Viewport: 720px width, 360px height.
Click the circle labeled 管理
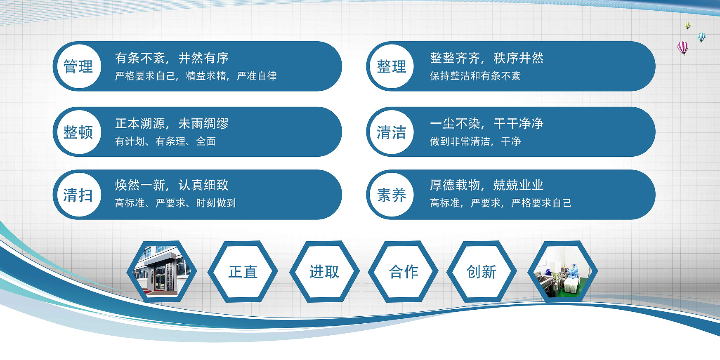(x=79, y=66)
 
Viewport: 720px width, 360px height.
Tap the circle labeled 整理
(x=392, y=66)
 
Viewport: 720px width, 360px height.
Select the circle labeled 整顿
(x=79, y=132)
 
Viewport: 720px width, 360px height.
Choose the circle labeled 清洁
(x=392, y=132)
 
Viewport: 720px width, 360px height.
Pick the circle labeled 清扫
(x=79, y=195)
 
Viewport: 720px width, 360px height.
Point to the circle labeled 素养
(x=392, y=195)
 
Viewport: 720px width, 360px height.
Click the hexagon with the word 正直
(x=243, y=271)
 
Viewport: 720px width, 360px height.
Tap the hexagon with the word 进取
(x=324, y=271)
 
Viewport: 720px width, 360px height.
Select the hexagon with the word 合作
(x=403, y=271)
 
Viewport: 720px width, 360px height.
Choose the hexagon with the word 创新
(x=482, y=271)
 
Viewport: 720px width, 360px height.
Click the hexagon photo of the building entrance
(x=162, y=271)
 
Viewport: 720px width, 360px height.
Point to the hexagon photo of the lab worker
(x=563, y=271)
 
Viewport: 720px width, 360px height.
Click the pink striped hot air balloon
(x=683, y=48)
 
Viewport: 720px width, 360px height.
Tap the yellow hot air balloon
(x=687, y=26)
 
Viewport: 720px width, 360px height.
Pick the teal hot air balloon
(x=701, y=38)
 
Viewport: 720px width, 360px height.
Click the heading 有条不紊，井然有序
(x=172, y=58)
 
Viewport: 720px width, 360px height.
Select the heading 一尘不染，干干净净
(x=487, y=123)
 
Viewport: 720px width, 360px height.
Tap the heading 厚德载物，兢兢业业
(x=487, y=185)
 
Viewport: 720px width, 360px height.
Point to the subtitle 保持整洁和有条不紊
(x=475, y=76)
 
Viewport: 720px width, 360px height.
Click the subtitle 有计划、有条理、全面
(x=165, y=141)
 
